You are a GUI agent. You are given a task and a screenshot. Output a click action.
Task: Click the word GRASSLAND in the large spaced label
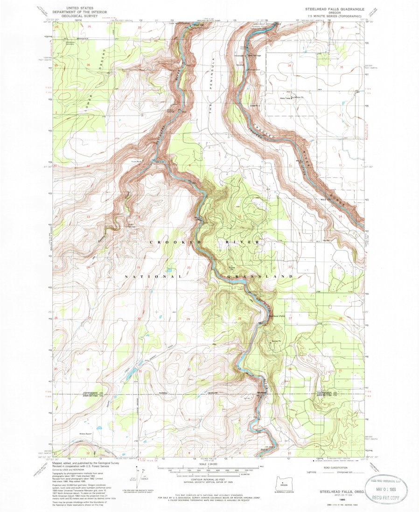(261, 277)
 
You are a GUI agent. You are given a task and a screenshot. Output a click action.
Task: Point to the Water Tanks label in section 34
(285, 98)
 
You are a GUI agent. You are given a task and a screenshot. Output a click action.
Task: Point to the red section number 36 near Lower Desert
(88, 64)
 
